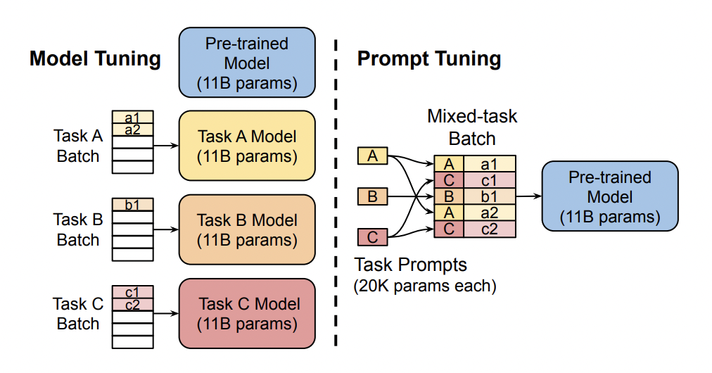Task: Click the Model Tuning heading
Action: pos(95,58)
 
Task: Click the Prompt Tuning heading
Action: pos(429,58)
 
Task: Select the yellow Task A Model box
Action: pos(247,146)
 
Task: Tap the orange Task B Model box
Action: pos(247,229)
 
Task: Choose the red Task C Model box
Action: pos(247,314)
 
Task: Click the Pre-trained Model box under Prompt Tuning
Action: pos(610,197)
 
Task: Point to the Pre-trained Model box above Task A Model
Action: pos(247,63)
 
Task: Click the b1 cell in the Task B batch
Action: pos(133,205)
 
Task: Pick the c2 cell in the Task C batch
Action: pos(133,304)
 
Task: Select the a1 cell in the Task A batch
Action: pos(133,117)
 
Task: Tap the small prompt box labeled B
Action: pos(373,196)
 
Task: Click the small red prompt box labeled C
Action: pos(373,237)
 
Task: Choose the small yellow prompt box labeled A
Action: pos(373,156)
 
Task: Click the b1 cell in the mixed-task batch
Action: pos(489,196)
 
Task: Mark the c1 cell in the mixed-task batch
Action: pos(489,180)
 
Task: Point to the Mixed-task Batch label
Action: pos(472,127)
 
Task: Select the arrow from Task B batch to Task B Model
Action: pos(165,229)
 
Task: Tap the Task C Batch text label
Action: pos(78,314)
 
